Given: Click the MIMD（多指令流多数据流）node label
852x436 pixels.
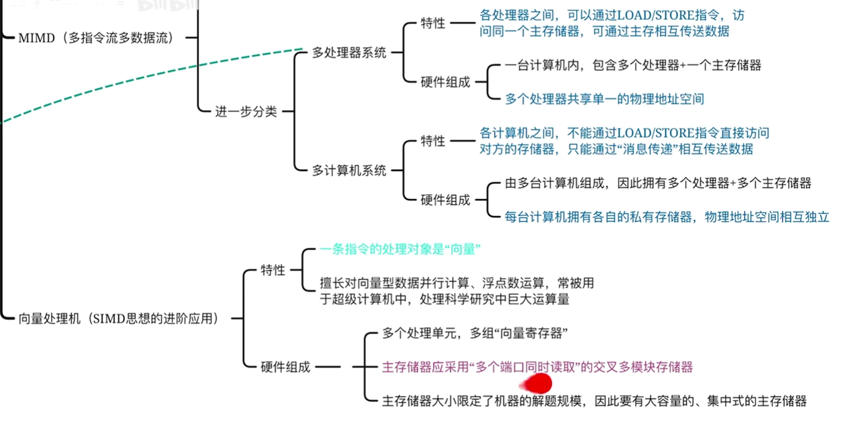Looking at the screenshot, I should coord(96,38).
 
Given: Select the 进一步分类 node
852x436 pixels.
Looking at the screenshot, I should coord(246,111).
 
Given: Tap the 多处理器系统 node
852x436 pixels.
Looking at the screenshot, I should coord(349,53).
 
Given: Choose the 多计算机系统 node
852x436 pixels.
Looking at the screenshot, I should coord(349,170).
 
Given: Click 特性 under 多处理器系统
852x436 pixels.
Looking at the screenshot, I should coord(432,23).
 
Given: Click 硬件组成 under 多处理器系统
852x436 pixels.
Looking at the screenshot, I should coord(445,82).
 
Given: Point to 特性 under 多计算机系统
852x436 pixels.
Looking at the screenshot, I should coord(432,141).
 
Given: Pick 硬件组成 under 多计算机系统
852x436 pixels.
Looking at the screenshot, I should coord(445,200).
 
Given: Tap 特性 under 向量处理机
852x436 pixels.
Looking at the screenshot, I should coord(273,270).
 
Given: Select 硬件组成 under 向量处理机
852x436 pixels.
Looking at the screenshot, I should coord(285,367).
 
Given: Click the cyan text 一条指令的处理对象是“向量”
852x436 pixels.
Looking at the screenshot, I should coord(400,249).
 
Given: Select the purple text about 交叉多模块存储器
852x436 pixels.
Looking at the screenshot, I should coord(537,367).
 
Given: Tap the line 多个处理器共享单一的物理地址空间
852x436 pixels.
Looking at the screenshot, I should coord(604,99).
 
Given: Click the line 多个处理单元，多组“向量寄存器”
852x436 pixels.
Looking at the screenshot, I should coord(474,333).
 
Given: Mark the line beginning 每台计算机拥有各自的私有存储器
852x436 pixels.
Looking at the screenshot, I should coord(667,217).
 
